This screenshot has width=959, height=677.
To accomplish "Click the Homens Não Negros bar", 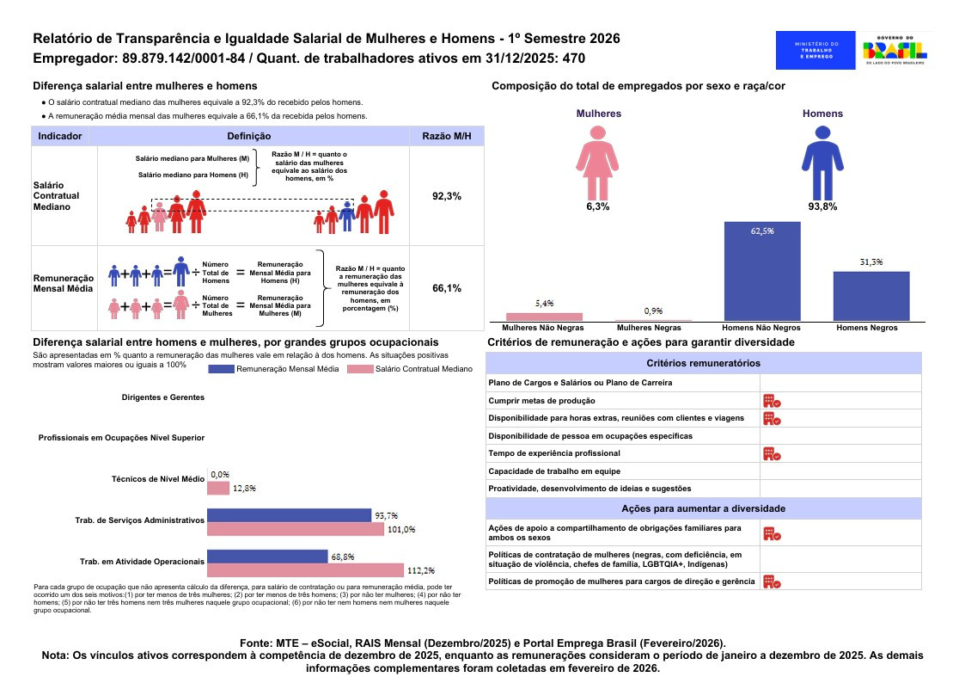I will click(x=762, y=271).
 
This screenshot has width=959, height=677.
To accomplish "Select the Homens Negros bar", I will click(x=871, y=296).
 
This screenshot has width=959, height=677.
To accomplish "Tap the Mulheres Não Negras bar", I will click(x=544, y=317).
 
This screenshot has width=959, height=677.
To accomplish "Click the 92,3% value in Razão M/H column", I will click(x=447, y=196).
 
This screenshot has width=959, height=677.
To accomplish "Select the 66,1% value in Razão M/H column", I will click(x=447, y=288).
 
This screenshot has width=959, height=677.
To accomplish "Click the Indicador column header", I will click(x=60, y=137).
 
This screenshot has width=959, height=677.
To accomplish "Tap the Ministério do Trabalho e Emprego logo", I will click(x=816, y=50).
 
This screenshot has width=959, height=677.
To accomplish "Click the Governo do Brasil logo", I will click(x=895, y=50).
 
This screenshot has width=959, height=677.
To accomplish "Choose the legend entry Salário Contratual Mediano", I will click(x=409, y=369).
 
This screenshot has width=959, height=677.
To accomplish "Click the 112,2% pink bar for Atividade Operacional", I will click(x=305, y=569).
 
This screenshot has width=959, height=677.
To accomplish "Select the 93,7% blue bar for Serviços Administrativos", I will click(x=290, y=515).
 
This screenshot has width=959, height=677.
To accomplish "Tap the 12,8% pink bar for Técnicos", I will click(x=218, y=488).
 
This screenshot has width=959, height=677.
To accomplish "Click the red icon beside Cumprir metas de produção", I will click(x=771, y=400).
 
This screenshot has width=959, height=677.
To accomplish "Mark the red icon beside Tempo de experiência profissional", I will click(x=771, y=453).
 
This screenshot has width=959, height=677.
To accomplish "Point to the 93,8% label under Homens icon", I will click(x=822, y=207).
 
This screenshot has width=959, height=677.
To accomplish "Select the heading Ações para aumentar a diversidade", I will click(x=703, y=508).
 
